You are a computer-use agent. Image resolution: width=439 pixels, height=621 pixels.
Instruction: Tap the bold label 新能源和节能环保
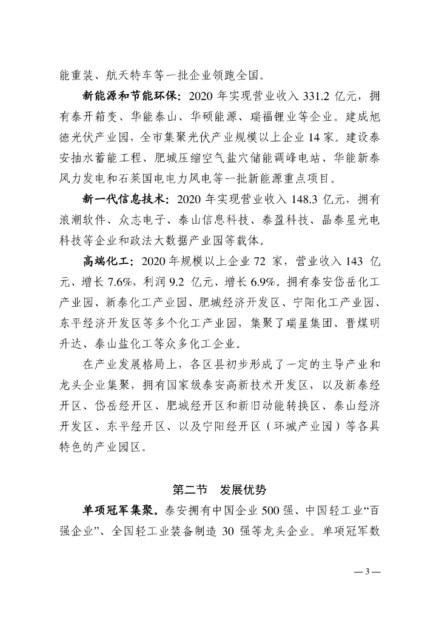[130, 95]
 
